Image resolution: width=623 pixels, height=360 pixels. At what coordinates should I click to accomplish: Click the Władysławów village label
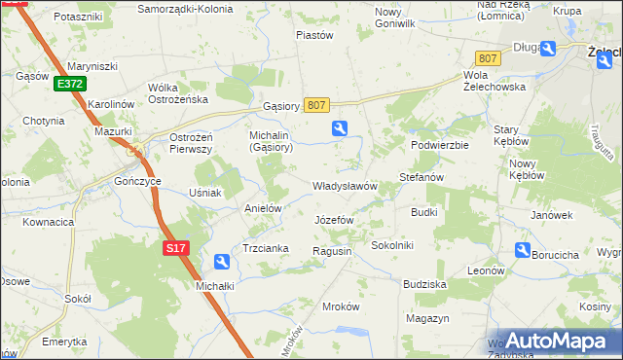point(344,186)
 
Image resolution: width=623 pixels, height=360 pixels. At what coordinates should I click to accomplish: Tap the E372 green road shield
point(69,85)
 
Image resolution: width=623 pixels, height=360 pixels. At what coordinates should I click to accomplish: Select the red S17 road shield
point(174,248)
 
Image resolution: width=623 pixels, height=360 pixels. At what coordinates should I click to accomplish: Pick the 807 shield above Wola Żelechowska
point(488,58)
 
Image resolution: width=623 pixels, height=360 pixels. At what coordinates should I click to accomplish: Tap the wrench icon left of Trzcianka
point(222,261)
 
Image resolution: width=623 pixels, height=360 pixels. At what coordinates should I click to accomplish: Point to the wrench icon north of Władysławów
point(339,126)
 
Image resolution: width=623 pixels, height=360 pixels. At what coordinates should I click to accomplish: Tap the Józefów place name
point(334,220)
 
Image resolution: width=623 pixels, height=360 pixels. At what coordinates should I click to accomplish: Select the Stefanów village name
point(421,178)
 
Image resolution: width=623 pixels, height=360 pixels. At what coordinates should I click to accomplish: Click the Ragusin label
point(331,251)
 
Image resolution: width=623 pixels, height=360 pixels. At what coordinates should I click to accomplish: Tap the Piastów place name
point(314,35)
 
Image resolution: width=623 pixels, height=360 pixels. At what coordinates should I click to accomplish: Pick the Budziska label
point(424,284)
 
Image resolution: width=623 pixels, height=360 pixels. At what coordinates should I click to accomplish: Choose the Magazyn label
point(427,318)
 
